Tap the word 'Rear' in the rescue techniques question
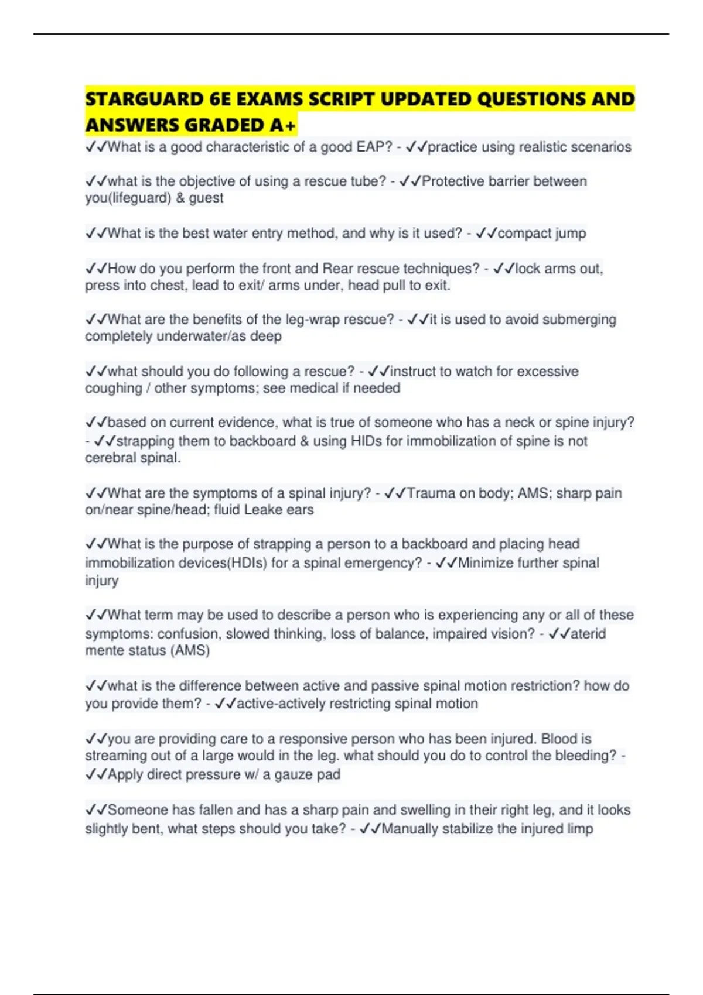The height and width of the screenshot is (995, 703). point(337,269)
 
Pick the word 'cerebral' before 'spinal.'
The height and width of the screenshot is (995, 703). point(109,458)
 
